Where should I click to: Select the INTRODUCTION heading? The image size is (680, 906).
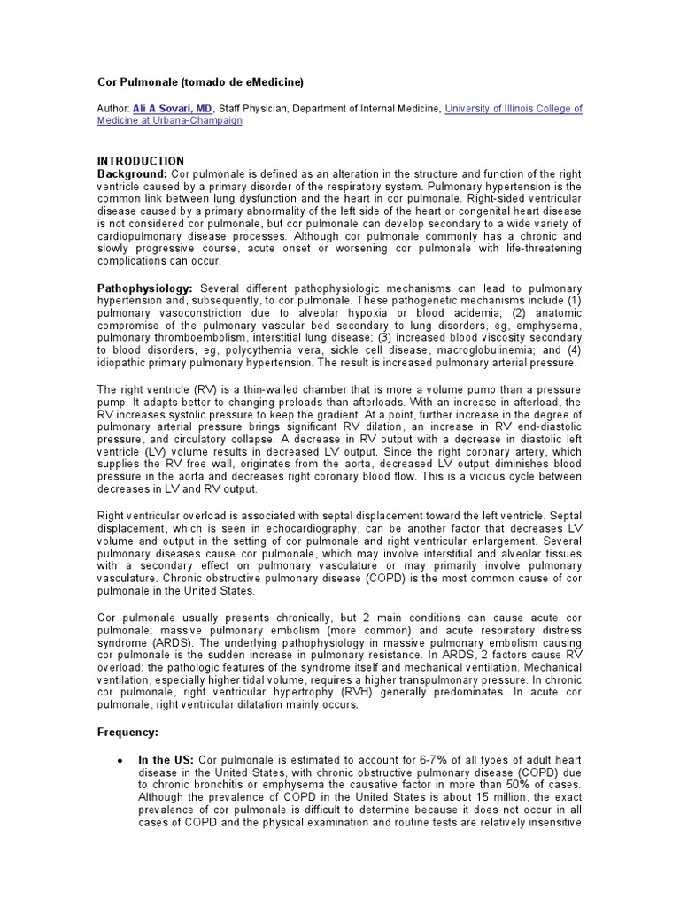140,161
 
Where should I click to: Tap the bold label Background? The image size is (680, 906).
132,173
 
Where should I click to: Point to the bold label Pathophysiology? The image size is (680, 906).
145,289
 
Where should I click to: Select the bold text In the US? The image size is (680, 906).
166,760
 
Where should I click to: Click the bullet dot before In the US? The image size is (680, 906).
120,761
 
